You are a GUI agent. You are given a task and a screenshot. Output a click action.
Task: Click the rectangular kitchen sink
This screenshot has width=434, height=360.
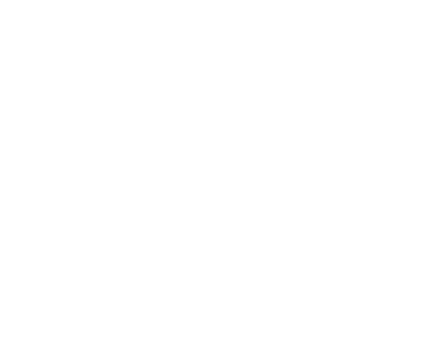[x=114, y=19]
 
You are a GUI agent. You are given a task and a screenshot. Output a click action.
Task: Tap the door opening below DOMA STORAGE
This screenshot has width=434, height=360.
[x=398, y=93]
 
